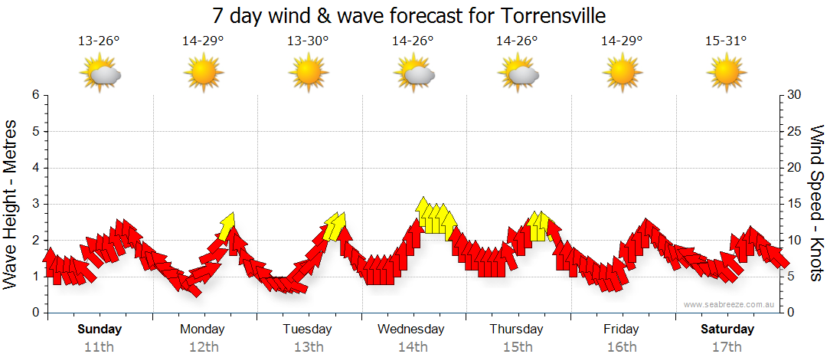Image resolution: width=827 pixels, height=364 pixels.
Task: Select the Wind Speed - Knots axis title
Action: click(x=816, y=203)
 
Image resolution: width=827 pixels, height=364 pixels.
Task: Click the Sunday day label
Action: click(x=100, y=330)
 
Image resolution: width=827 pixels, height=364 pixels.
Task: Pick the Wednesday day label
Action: click(x=410, y=330)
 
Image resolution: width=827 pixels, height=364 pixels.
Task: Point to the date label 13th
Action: click(x=308, y=346)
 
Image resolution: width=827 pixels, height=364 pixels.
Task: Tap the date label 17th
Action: click(x=727, y=346)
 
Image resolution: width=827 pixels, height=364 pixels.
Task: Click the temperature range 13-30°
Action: click(x=308, y=41)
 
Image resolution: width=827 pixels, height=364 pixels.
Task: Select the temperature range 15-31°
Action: click(x=727, y=41)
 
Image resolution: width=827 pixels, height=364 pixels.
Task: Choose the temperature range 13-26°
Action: click(x=100, y=41)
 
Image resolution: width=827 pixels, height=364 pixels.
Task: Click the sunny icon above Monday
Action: click(x=203, y=74)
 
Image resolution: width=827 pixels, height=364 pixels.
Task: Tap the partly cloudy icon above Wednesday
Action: click(x=413, y=74)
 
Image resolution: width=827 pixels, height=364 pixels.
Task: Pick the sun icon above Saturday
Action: click(x=727, y=74)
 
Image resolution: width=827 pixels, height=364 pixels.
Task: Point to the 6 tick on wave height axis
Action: click(x=34, y=95)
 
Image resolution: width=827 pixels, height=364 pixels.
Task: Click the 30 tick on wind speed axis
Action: click(x=795, y=95)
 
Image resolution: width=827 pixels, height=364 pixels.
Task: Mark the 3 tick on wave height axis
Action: click(x=34, y=204)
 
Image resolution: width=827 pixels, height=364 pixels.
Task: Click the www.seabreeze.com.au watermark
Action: click(x=730, y=305)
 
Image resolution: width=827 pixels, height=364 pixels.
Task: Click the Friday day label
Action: click(x=620, y=330)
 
